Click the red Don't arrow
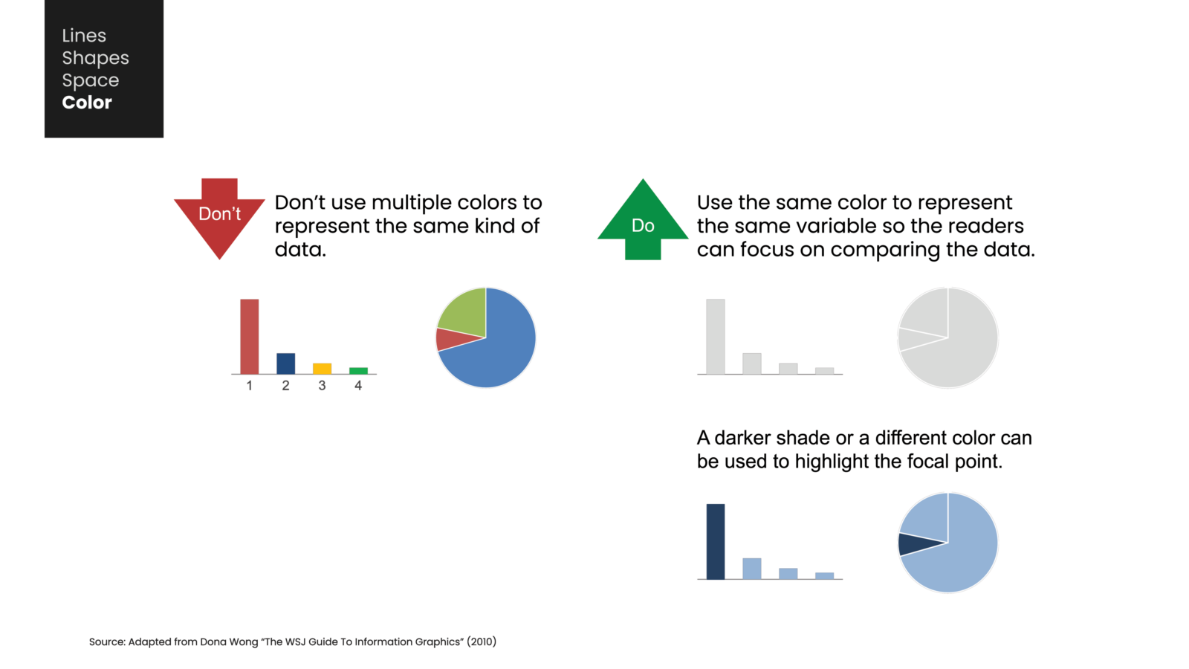point(219,217)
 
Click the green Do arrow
point(643,223)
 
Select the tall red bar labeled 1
point(250,336)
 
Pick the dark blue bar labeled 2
point(285,363)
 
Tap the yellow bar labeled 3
point(322,368)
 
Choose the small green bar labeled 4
point(358,370)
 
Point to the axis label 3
point(322,386)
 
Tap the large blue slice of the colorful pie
point(498,349)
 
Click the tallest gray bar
point(715,336)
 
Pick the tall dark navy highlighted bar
point(715,541)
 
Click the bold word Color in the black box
point(87,103)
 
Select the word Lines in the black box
point(84,36)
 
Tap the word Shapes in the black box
point(95,58)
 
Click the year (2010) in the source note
point(482,641)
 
